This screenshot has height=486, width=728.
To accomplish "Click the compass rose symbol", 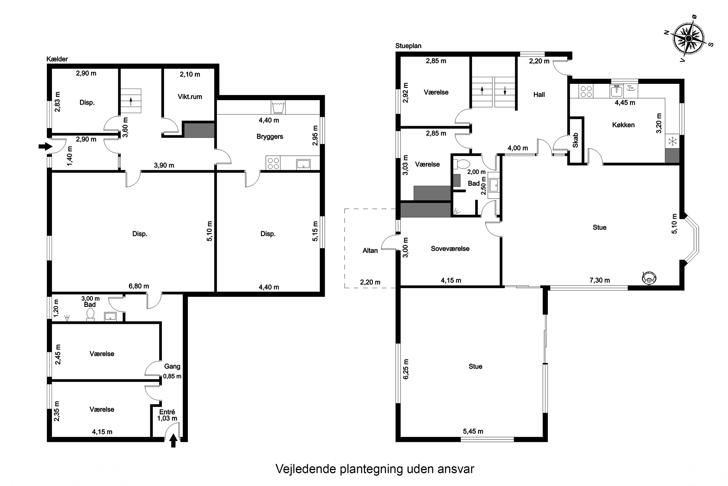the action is (689, 38).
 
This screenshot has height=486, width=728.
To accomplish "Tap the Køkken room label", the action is (623, 125).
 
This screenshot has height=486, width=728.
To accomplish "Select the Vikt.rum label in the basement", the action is (190, 96).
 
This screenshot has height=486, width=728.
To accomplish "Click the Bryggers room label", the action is (270, 136).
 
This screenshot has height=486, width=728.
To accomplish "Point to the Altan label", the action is (370, 251).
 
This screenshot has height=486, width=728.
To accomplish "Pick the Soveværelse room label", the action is (450, 249).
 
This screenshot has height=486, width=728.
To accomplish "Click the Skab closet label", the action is (575, 140).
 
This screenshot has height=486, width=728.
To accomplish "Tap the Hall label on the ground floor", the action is (539, 95).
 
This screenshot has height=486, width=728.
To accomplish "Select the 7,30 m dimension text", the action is (600, 280).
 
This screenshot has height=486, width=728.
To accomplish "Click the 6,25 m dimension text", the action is (406, 369).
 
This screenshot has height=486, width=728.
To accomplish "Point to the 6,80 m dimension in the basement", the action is (139, 286).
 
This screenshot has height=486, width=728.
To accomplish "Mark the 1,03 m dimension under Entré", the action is (167, 418).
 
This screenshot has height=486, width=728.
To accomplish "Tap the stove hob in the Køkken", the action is (586, 91).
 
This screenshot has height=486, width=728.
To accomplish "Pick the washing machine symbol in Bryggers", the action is (278, 107).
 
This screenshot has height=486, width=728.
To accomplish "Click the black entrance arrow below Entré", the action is (173, 440).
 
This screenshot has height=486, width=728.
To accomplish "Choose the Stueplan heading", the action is (408, 46).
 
